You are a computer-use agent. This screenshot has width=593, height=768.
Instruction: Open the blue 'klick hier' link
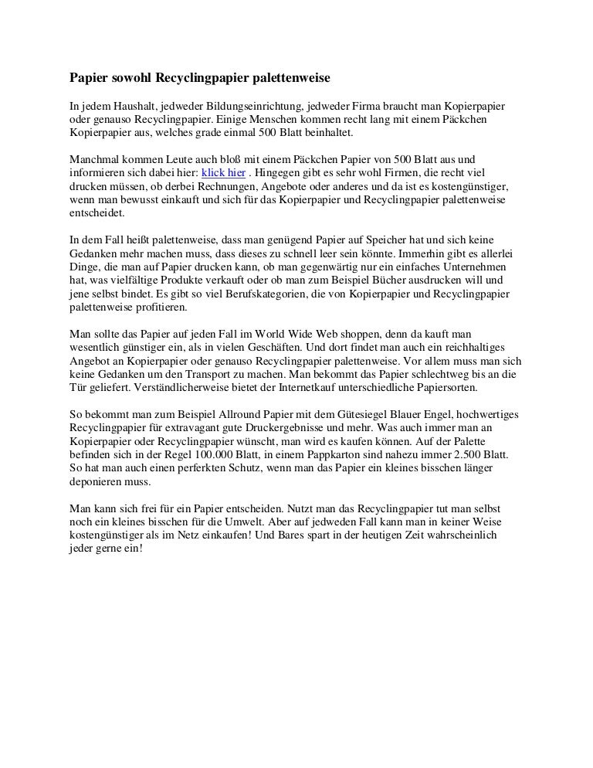click(223, 172)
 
